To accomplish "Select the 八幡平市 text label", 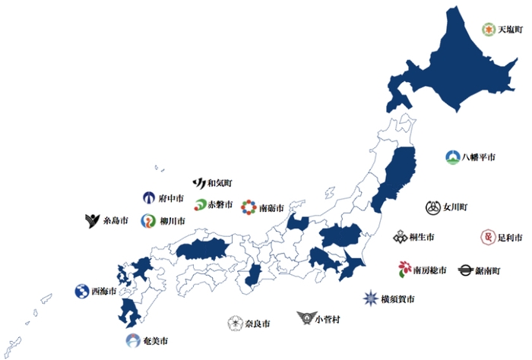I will [x=479, y=158].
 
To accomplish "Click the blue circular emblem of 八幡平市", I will [x=452, y=158].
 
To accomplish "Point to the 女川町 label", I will [x=455, y=207].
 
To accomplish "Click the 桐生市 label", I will [x=423, y=238].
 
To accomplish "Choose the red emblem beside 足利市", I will [x=487, y=238].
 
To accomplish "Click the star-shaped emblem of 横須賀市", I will [x=370, y=298].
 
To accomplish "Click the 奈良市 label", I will [x=259, y=324].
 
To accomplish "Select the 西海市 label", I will [x=104, y=291].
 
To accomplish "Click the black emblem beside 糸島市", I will [x=92, y=221].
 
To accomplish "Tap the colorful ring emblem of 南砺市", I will [x=249, y=207].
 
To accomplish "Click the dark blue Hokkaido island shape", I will [x=456, y=68].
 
